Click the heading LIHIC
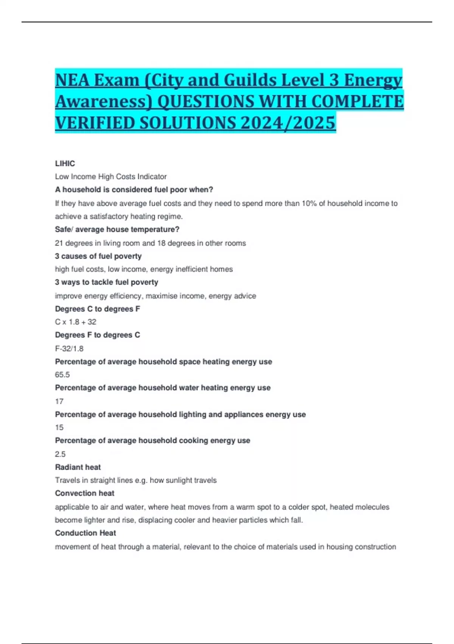coord(65,164)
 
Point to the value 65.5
coord(62,375)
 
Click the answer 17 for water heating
coord(59,401)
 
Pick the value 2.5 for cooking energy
coord(60,454)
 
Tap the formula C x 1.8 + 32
coord(76,322)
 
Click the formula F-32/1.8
coord(69,349)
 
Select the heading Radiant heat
coord(78,467)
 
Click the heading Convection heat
coord(85,493)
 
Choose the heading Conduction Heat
coord(86,533)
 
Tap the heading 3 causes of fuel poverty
coord(98,256)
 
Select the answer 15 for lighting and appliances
coord(59,427)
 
